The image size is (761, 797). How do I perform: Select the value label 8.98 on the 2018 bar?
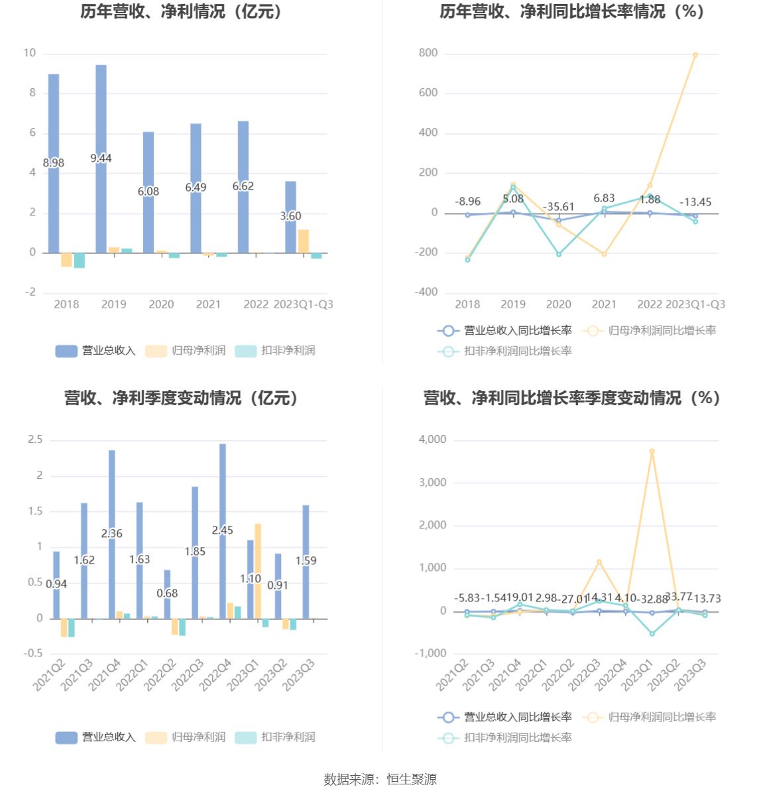point(54,163)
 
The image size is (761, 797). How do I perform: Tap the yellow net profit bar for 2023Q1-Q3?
point(304,241)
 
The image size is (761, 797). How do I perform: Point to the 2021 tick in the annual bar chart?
point(208,304)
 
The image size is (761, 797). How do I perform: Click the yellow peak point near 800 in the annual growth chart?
point(695,55)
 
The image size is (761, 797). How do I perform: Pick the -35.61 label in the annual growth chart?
point(559,207)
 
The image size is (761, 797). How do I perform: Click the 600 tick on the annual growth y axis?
point(428,93)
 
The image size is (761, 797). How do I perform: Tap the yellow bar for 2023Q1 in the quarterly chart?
point(258,571)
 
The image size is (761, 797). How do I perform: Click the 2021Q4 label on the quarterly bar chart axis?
point(104,674)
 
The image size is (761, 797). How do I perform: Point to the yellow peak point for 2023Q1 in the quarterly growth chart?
point(652,452)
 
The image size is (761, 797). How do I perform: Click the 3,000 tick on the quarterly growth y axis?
point(432,483)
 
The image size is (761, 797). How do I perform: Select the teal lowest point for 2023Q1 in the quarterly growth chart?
point(652,634)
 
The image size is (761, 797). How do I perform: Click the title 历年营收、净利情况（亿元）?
point(181,11)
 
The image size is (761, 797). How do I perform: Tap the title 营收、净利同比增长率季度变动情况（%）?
point(571,398)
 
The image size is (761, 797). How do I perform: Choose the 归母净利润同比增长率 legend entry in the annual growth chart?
point(650,330)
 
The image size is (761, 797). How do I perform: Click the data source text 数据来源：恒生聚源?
point(380,780)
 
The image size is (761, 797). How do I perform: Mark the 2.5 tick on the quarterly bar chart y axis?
point(35,440)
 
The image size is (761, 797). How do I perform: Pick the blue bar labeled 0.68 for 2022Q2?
point(167,594)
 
